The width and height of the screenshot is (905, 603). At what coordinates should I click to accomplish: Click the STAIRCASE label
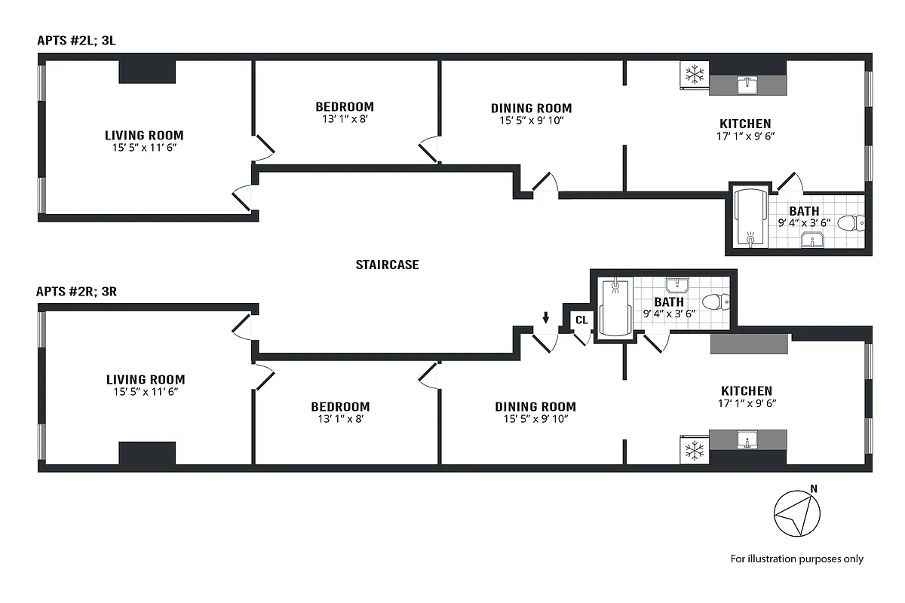click(387, 265)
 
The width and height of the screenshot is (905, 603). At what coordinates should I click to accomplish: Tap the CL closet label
click(581, 320)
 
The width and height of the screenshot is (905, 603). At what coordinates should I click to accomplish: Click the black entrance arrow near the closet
click(546, 317)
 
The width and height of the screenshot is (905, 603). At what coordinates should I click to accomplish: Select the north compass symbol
click(797, 516)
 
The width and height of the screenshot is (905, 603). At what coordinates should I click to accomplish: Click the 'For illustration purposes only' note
click(796, 559)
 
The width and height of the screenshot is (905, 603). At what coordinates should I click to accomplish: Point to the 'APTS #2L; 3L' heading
click(76, 40)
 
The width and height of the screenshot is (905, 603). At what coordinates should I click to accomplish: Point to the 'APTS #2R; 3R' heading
click(77, 291)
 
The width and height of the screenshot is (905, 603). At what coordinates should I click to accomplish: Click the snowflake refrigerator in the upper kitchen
click(694, 75)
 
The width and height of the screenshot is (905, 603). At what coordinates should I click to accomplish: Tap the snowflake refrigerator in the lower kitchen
click(694, 451)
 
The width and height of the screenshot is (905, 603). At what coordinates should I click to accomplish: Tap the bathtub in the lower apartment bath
click(615, 308)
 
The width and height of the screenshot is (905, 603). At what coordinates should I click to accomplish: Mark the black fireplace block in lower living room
click(147, 453)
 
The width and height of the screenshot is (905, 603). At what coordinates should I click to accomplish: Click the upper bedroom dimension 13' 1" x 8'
click(344, 118)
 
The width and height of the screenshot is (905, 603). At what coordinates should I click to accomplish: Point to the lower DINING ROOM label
click(535, 406)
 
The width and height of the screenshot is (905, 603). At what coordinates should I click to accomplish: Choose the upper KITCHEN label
click(745, 124)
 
